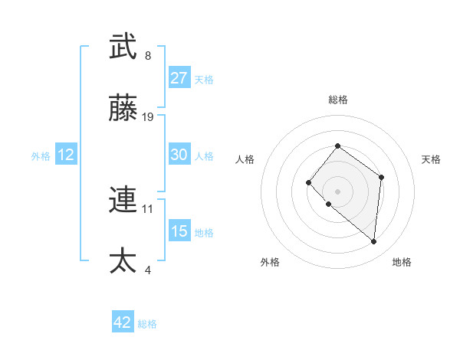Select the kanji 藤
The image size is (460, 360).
coord(123,110)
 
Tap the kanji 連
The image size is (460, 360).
coord(123,200)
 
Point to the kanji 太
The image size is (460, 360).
coord(123,261)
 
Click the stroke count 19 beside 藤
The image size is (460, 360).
coord(148,117)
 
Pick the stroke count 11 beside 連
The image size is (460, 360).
coord(148,208)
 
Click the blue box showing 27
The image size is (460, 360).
coord(179,78)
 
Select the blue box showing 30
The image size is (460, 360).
coord(179,155)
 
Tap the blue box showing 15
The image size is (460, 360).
coord(179,231)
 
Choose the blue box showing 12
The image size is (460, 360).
coord(66,155)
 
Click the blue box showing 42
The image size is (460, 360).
coord(123,323)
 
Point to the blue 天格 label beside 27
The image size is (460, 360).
coord(204,80)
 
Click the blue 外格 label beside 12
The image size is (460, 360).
coord(41,156)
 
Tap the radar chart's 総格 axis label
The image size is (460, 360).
coord(338,100)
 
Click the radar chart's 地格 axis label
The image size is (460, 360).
coord(402,262)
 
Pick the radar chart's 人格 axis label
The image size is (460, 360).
coord(245,159)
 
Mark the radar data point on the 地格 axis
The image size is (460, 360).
coord(374,241)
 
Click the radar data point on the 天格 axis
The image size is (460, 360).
coord(382,177)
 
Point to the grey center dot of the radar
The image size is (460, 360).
coord(337,191)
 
